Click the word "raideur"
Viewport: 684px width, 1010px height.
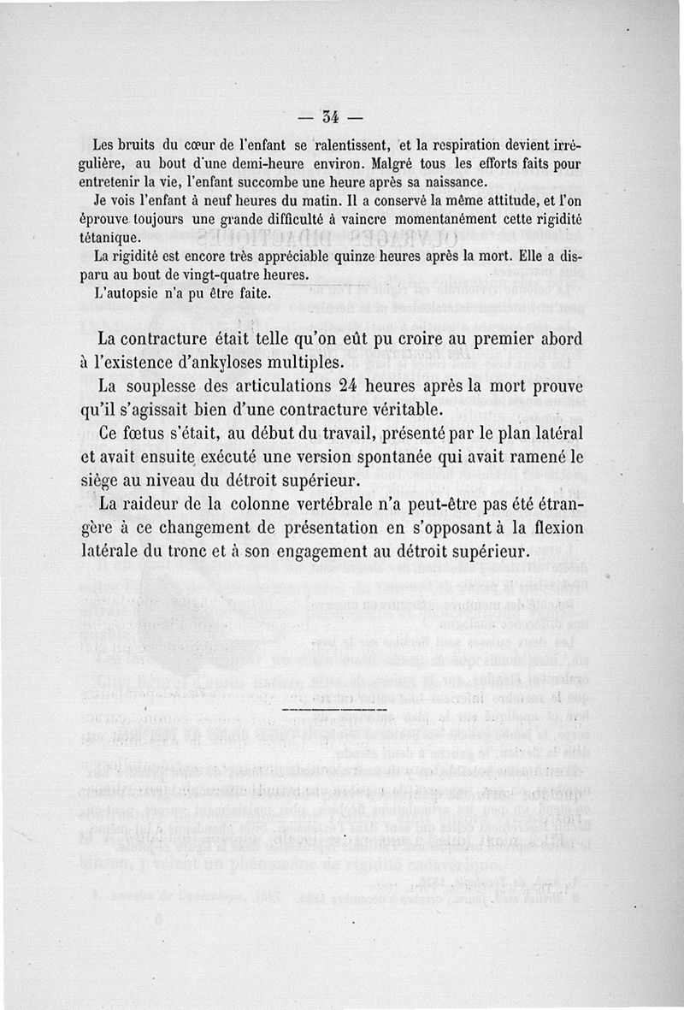pos(162,505)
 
